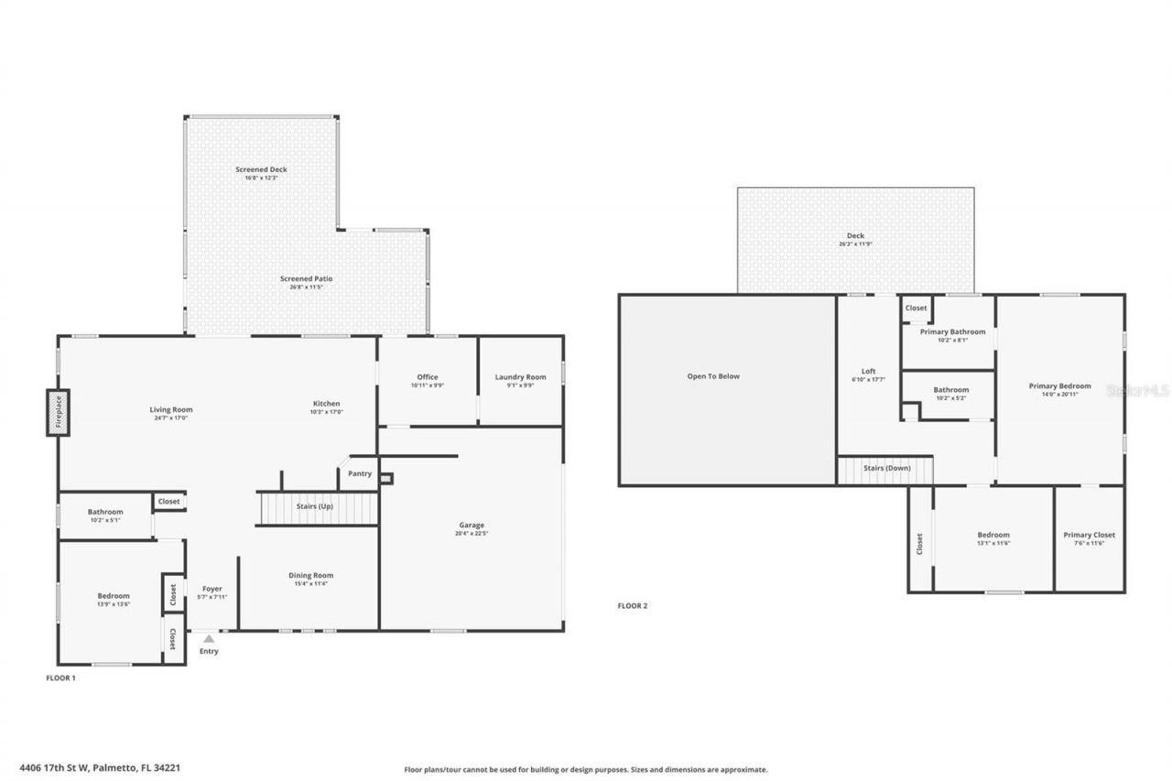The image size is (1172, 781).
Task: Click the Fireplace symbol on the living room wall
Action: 59,412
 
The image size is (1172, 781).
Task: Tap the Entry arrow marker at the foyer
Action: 209,638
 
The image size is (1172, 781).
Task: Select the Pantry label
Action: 360,473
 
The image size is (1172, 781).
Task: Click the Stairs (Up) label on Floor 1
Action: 314,506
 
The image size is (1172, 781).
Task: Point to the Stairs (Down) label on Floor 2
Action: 887,468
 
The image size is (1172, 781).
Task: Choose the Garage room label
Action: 472,525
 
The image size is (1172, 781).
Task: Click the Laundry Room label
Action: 520,376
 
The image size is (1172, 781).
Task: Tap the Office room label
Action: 428,376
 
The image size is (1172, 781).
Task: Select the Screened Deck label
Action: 261,169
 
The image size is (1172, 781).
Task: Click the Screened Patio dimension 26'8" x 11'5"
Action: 307,287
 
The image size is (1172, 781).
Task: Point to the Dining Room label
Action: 311,575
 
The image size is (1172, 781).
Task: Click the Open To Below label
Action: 713,376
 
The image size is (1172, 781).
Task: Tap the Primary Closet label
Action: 1090,535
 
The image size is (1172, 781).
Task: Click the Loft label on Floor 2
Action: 868,371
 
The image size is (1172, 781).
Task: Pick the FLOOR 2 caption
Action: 633,605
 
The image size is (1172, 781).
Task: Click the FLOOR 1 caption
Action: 60,678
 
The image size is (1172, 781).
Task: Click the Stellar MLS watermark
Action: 1138,390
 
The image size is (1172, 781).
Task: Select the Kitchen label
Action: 327,403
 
